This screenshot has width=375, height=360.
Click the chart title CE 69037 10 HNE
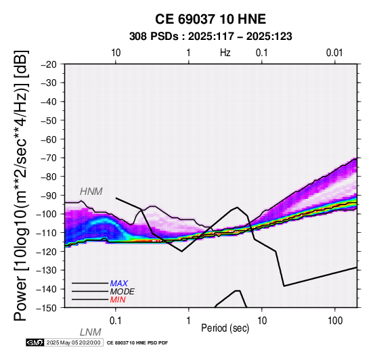pos(211,19)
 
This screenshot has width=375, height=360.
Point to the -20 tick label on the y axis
pos(49,64)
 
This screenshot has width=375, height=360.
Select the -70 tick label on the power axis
pos(49,158)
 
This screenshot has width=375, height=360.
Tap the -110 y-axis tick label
pos(47,233)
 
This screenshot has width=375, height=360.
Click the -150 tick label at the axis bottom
pos(47,308)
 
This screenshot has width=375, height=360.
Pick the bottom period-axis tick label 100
pos(335,321)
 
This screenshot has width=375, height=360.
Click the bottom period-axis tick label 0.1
pos(116,321)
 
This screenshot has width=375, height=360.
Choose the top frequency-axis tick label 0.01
pos(334,53)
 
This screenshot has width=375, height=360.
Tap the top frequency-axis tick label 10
pos(116,53)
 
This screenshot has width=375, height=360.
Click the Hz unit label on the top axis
pos(225,53)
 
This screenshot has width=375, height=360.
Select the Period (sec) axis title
pos(225,328)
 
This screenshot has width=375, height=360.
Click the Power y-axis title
pos(21,185)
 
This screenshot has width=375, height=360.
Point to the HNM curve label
pos(91,192)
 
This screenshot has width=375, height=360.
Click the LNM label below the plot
pos(91,332)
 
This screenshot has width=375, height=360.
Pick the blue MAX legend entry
pos(119,284)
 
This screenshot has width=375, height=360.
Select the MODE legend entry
pos(123,292)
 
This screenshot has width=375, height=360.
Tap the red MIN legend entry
pos(118,300)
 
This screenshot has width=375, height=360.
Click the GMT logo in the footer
pos(35,342)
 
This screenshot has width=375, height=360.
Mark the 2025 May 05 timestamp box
pos(74,342)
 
